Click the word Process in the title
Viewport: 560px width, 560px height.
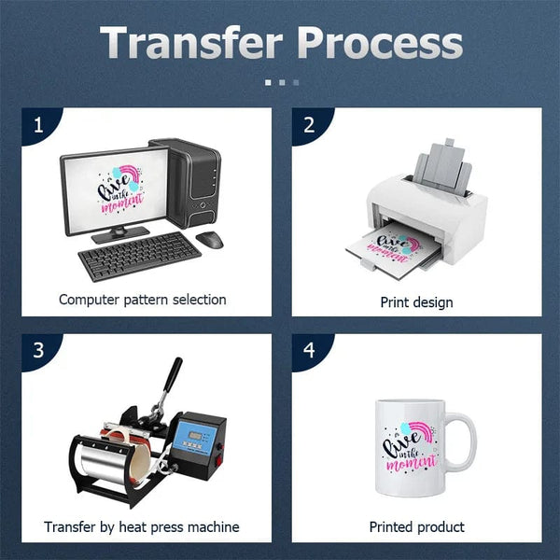pos(383,43)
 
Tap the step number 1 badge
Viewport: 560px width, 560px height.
pos(38,124)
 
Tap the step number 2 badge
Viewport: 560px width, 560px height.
pos(309,124)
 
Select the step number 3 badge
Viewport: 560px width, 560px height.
pos(38,351)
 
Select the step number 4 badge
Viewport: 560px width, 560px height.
pos(309,351)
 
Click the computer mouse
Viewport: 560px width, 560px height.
pos(210,239)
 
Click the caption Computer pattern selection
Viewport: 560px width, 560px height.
pos(142,300)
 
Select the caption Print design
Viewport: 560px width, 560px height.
pos(416,301)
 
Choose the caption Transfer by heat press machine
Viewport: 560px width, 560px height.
pos(142,527)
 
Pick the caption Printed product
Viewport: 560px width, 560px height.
pos(416,527)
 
